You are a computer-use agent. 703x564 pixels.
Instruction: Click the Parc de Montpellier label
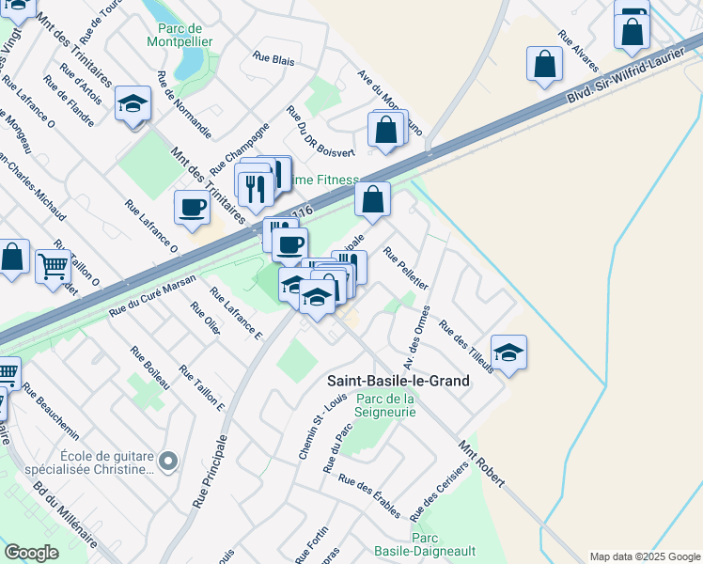click(180, 35)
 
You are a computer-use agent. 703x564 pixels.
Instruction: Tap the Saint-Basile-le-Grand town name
click(398, 381)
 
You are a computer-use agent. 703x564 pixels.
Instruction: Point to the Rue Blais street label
click(273, 56)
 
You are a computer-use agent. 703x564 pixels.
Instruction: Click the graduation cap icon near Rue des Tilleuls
click(508, 352)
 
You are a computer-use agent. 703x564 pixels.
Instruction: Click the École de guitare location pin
click(168, 461)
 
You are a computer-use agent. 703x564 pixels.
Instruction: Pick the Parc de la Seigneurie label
click(385, 406)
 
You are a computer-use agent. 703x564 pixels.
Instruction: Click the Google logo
click(31, 553)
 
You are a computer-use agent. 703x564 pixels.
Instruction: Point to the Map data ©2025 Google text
click(644, 556)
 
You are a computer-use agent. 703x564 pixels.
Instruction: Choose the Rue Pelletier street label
click(406, 268)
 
